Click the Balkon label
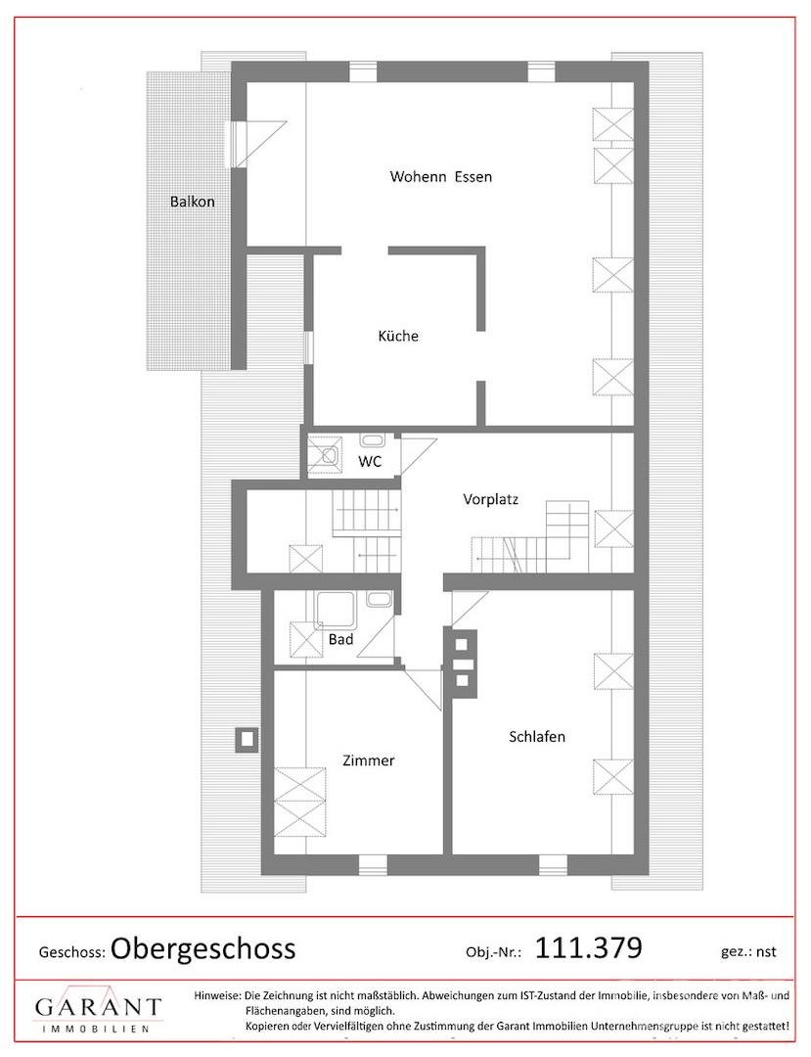(192, 202)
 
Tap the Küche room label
(398, 336)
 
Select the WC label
(370, 461)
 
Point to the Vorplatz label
(490, 500)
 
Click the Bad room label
(340, 639)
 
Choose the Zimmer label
(369, 760)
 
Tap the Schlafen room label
(537, 737)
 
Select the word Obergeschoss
(203, 948)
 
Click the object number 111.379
(589, 947)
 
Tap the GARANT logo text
(99, 1007)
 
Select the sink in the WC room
(373, 440)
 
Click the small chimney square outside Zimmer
(247, 740)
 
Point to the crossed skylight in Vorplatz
(613, 530)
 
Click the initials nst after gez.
(766, 952)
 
